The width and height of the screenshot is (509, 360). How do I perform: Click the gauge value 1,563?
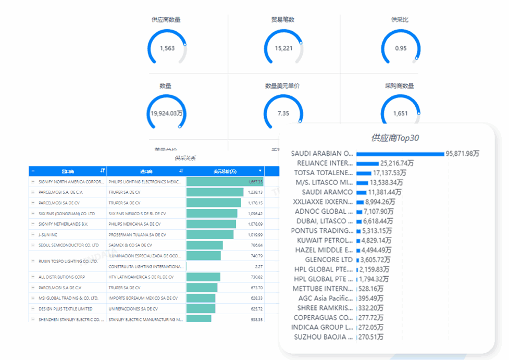click(x=167, y=48)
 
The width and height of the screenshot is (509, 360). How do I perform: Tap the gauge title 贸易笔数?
click(x=283, y=20)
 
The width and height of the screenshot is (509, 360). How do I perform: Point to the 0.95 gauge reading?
click(x=401, y=48)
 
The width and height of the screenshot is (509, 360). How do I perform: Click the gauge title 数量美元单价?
click(x=282, y=86)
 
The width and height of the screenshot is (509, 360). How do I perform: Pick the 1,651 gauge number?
click(x=400, y=114)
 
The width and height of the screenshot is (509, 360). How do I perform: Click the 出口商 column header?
click(x=68, y=171)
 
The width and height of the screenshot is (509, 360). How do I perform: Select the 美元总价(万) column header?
click(x=225, y=171)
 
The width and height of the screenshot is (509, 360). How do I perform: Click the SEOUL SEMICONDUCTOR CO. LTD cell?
click(x=68, y=245)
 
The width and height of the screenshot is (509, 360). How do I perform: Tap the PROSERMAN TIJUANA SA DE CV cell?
click(x=137, y=234)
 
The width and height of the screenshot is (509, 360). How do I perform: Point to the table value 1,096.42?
click(x=255, y=214)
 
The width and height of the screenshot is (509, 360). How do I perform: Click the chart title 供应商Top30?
click(x=394, y=138)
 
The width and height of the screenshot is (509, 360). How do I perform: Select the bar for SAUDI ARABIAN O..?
click(x=400, y=154)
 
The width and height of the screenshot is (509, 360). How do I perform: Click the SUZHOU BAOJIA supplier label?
click(x=323, y=337)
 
